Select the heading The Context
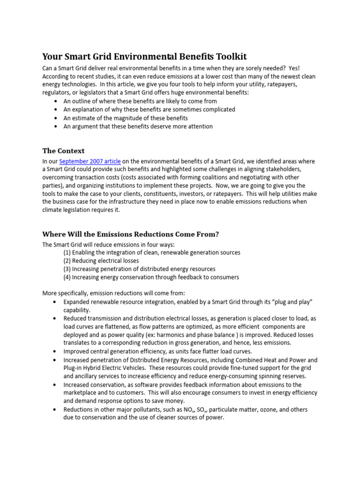[x=63, y=151]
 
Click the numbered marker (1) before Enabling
[x=68, y=252]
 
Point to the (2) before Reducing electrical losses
[x=68, y=261]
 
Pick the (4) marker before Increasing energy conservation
[x=68, y=277]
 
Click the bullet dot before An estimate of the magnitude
[x=56, y=118]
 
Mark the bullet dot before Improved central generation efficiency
[x=56, y=351]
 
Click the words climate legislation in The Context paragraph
[x=69, y=210]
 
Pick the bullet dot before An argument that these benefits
[x=56, y=127]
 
